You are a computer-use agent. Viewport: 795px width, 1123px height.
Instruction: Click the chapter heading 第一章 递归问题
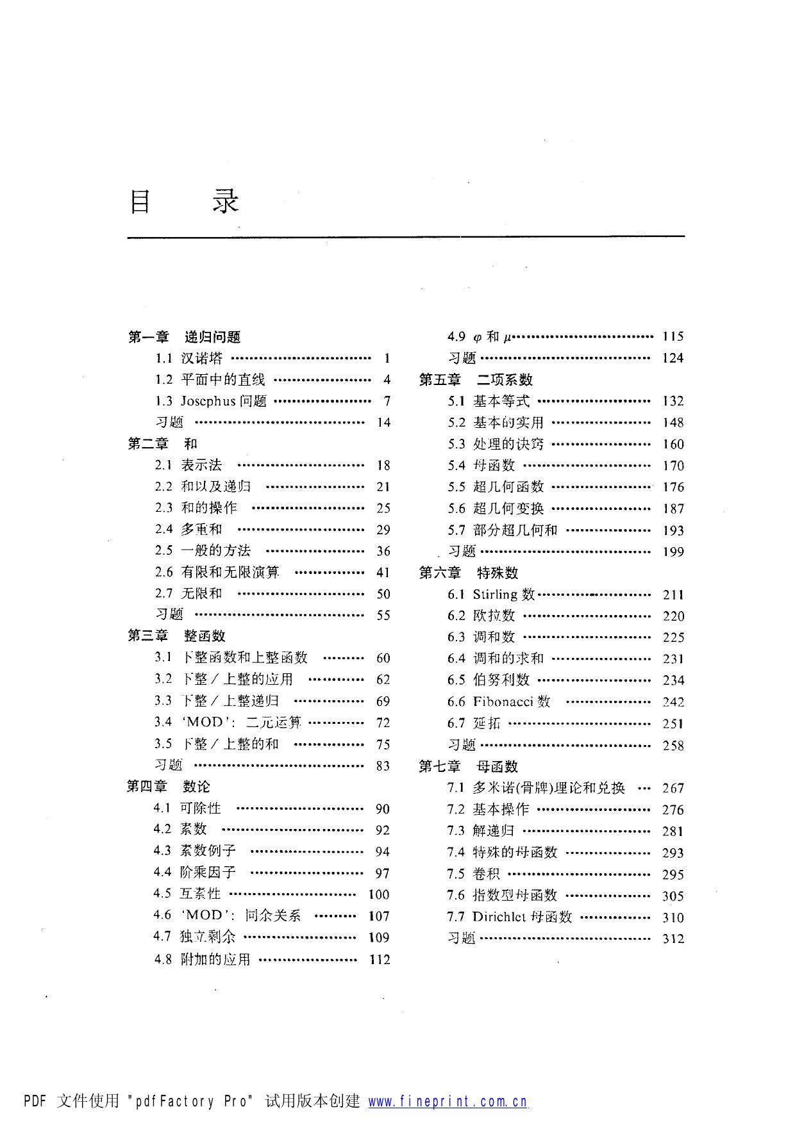(184, 337)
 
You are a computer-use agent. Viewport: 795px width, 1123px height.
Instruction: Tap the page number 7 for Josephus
(387, 401)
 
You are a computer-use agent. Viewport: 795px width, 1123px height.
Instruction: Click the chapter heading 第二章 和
(163, 443)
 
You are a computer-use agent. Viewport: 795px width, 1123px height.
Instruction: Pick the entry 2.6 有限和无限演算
(217, 572)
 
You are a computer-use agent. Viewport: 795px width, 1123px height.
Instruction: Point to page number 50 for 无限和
(383, 594)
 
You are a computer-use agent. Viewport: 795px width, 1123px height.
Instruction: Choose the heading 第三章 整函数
(176, 636)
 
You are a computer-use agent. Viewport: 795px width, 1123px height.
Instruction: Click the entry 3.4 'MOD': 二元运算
(228, 723)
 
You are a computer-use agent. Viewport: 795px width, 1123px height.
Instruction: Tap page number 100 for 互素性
(379, 894)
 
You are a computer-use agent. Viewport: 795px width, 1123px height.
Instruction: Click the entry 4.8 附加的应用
(202, 959)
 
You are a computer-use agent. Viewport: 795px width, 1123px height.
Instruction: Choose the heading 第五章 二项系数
(476, 380)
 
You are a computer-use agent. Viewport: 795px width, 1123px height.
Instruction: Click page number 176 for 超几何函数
(673, 487)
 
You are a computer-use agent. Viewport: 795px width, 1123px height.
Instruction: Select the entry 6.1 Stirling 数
(491, 594)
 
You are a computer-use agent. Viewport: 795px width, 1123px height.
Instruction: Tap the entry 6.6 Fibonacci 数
(499, 701)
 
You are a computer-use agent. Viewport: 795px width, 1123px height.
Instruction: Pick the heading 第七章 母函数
(468, 766)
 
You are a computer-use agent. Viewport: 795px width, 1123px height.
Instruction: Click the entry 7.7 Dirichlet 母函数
(510, 917)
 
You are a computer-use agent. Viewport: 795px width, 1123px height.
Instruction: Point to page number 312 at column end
(673, 939)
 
